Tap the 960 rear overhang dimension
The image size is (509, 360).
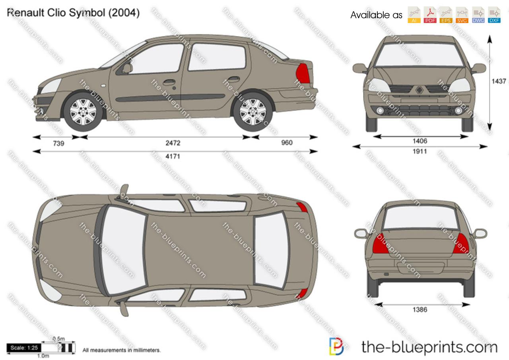pos(286,143)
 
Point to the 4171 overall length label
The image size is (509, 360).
pos(173,156)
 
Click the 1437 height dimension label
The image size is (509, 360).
pos(499,81)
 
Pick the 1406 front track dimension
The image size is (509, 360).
pos(420,141)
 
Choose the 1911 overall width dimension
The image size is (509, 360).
pos(420,151)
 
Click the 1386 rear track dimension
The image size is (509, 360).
pos(420,310)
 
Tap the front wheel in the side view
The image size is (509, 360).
pos(83,111)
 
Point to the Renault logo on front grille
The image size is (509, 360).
pos(419,90)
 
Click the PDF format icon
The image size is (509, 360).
pos(430,15)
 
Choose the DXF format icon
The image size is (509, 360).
pos(494,15)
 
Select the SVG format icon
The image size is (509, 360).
pos(462,15)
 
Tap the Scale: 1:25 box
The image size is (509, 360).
pos(24,348)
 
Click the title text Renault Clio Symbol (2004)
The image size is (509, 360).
pos(73,13)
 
